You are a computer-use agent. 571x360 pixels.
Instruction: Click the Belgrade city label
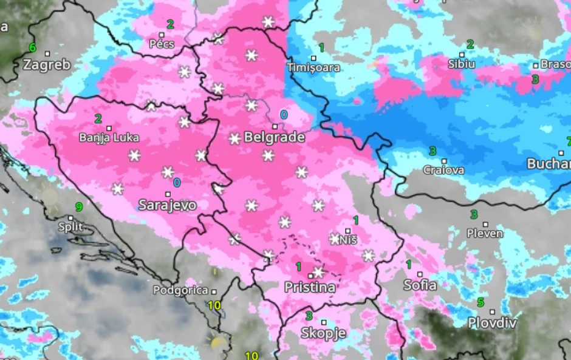point(274,138)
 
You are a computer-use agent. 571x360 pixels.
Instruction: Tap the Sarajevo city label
point(167,205)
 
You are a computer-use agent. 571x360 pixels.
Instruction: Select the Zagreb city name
point(47,64)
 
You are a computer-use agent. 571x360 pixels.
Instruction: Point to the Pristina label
point(310,287)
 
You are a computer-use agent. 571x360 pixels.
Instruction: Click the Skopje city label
point(323,333)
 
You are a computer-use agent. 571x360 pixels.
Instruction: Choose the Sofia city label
point(420,285)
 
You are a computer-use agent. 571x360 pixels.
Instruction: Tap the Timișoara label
point(313,67)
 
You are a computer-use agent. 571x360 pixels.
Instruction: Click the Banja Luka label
point(108,138)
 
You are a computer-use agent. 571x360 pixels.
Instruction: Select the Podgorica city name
point(181,290)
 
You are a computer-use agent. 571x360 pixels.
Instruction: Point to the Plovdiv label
point(492,323)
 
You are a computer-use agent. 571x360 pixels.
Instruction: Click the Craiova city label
point(444,170)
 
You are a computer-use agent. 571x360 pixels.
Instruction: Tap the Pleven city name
point(485,233)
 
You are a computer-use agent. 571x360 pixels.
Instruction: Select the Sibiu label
point(461,63)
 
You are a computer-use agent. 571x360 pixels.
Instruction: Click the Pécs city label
point(162,44)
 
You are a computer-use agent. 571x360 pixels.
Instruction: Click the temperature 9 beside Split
point(78,207)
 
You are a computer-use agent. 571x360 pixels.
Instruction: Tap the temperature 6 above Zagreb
point(32,47)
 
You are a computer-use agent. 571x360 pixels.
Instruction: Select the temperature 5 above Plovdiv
point(480,302)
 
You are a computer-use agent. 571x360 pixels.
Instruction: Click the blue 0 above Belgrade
point(284,114)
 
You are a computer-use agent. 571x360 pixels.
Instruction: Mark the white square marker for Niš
point(347,231)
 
